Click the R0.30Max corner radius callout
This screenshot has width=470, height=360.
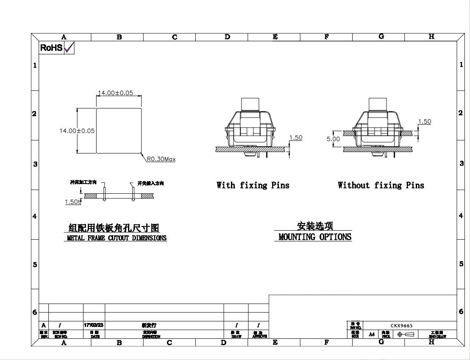click(161, 159)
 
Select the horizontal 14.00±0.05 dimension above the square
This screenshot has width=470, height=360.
click(115, 93)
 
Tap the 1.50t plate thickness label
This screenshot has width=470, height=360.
click(72, 202)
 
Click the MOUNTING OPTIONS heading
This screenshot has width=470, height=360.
click(315, 237)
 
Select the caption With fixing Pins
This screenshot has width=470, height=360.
click(253, 185)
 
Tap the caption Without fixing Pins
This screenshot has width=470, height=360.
click(381, 185)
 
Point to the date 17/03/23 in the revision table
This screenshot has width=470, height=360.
click(94, 325)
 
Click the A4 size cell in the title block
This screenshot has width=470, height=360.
click(372, 334)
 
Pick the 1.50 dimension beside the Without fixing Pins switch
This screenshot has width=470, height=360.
click(424, 122)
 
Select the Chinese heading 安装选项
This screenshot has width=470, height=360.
click(315, 227)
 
